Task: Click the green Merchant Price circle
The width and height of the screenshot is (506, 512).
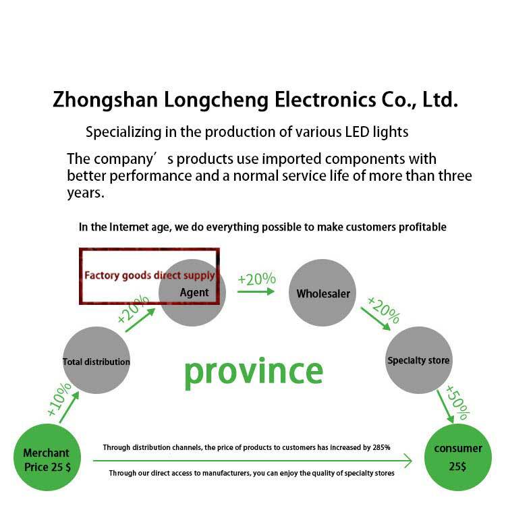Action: point(47,459)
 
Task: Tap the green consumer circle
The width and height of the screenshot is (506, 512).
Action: point(458,457)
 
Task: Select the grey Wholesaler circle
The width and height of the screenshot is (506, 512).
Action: point(322,293)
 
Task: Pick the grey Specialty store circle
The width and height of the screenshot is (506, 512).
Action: point(418,360)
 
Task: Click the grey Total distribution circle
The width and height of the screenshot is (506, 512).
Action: point(96,361)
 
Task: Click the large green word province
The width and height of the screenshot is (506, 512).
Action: point(254,372)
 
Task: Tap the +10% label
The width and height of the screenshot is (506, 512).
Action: point(59,399)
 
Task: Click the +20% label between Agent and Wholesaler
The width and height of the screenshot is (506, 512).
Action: point(256,279)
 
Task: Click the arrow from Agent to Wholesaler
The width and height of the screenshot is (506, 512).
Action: point(256,291)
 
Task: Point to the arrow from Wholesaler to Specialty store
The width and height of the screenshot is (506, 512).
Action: point(375,318)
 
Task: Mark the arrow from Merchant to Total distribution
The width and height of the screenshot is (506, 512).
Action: point(69,407)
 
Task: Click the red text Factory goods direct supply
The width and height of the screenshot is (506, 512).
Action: point(149,275)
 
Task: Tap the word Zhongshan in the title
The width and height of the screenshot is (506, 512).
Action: point(105,101)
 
